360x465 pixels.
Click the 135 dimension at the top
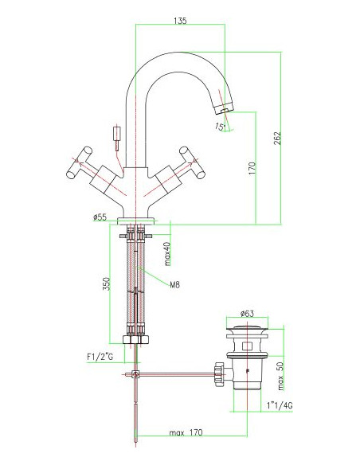180,22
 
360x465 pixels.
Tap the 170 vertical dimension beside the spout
251,168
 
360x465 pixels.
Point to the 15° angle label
220,126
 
